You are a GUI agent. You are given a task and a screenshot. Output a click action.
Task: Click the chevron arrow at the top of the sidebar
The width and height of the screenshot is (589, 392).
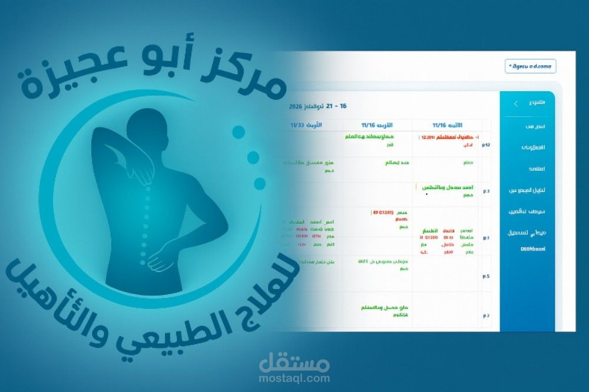pos(516,104)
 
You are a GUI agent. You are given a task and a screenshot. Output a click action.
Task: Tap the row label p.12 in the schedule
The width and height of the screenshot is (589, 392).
pos(487,145)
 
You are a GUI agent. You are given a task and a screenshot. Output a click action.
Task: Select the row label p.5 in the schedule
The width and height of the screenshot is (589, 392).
pos(487,275)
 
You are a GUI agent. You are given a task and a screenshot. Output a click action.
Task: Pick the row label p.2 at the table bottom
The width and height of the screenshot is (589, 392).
pos(487,315)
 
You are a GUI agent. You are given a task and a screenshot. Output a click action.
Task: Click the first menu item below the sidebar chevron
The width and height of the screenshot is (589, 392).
pos(535,127)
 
